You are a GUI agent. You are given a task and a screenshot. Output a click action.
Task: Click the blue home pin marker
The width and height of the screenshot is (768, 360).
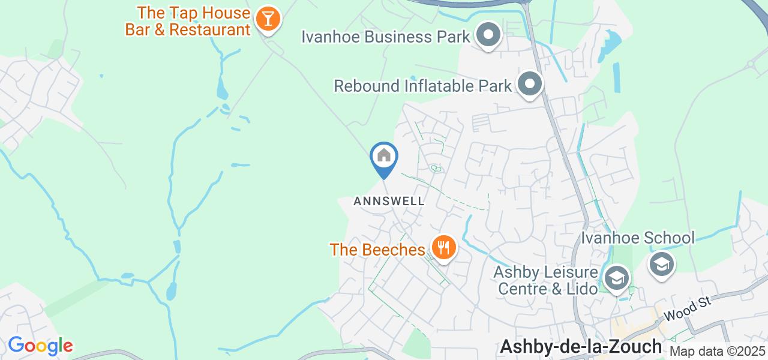coord(383,157)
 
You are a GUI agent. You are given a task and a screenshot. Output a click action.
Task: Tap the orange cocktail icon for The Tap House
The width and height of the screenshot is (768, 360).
coord(267,19)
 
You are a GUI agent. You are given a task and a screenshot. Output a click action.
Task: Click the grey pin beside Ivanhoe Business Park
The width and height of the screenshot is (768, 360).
coord(488,35)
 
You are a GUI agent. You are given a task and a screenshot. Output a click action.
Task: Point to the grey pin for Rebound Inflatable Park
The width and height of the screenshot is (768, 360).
coord(530,84)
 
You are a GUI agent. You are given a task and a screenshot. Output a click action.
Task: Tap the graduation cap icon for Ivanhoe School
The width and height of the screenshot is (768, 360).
coord(662,264)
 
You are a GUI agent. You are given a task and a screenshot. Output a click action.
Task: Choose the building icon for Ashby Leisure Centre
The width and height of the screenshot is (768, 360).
coord(616,278)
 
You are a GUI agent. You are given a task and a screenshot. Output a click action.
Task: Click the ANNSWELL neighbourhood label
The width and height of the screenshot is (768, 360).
coord(389,201)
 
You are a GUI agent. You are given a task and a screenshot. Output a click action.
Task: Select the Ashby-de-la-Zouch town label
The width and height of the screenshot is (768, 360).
coord(580,346)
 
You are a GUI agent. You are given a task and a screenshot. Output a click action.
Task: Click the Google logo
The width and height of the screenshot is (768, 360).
coord(40,346)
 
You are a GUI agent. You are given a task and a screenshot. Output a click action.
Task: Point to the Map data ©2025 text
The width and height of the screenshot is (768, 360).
coord(718,352)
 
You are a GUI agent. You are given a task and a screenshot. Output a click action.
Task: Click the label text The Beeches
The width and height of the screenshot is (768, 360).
coord(377,250)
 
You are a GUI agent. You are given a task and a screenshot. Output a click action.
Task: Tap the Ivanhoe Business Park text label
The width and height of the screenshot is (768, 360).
coord(386,37)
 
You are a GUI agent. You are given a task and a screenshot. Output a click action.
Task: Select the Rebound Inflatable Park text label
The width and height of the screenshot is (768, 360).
coord(423,86)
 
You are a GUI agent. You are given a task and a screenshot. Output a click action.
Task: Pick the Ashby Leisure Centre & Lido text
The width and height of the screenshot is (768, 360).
coord(545,281)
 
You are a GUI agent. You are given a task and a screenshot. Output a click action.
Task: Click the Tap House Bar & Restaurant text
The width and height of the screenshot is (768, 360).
coord(188,21)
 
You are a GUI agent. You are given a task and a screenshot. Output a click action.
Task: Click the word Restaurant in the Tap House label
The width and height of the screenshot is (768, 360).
coord(209,29)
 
